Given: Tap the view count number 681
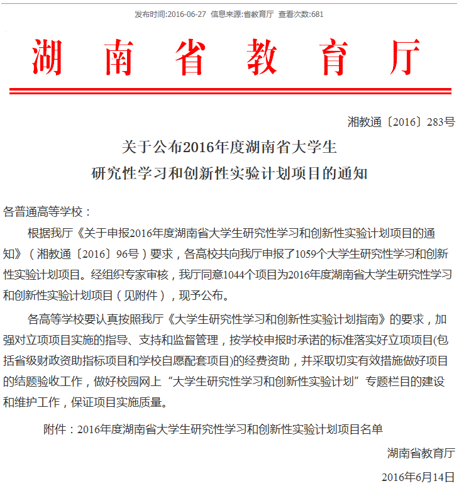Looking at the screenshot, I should coord(317,14).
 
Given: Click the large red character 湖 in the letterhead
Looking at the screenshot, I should coord(47,57).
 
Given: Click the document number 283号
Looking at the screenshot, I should coord(441,122).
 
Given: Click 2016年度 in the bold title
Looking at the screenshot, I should coord(205,148).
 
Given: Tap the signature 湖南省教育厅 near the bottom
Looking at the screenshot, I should coord(421,453).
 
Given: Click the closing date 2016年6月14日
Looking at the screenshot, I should coord(418,477).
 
